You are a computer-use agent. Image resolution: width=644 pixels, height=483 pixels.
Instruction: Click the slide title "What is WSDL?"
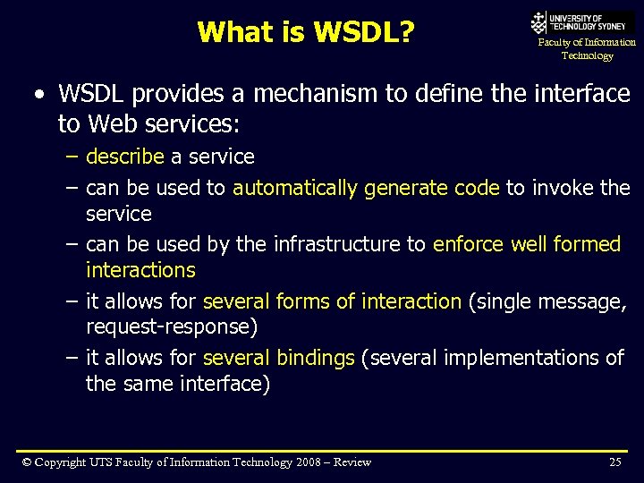305,32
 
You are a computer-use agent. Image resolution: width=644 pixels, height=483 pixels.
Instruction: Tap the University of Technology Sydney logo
581,22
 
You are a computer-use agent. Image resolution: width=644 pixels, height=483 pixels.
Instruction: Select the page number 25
614,462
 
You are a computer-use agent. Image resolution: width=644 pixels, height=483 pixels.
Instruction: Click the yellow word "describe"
125,157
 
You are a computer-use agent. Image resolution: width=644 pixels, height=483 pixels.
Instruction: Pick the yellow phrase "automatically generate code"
366,188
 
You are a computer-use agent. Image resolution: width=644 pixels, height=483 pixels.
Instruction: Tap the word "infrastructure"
350,244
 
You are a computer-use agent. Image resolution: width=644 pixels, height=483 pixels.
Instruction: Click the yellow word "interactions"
140,270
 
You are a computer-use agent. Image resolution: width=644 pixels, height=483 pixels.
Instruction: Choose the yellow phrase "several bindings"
279,358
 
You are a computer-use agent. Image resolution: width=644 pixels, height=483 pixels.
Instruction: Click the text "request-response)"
172,327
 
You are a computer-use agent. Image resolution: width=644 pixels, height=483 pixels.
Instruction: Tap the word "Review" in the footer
353,462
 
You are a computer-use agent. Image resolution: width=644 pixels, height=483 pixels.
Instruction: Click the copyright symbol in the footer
27,462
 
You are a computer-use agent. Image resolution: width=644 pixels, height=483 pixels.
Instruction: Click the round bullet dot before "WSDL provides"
36,94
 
